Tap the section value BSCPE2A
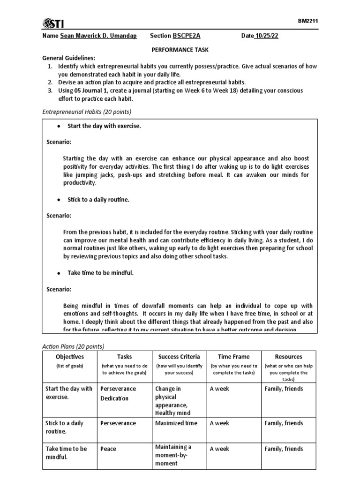point(189,36)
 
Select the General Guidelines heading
point(69,58)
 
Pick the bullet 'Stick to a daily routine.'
point(98,200)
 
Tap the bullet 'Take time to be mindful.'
point(101,273)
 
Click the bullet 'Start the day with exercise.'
point(104,126)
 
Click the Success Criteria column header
point(179,357)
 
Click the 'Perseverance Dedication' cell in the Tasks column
point(118,394)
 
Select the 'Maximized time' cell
point(176,423)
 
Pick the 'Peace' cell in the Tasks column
point(108,449)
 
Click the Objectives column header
point(69,357)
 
